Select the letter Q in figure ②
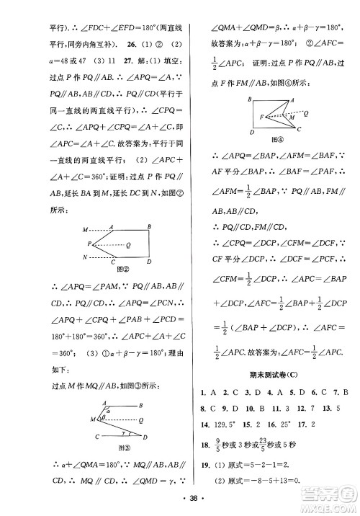[128, 244]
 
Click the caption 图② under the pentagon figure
[113, 272]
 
